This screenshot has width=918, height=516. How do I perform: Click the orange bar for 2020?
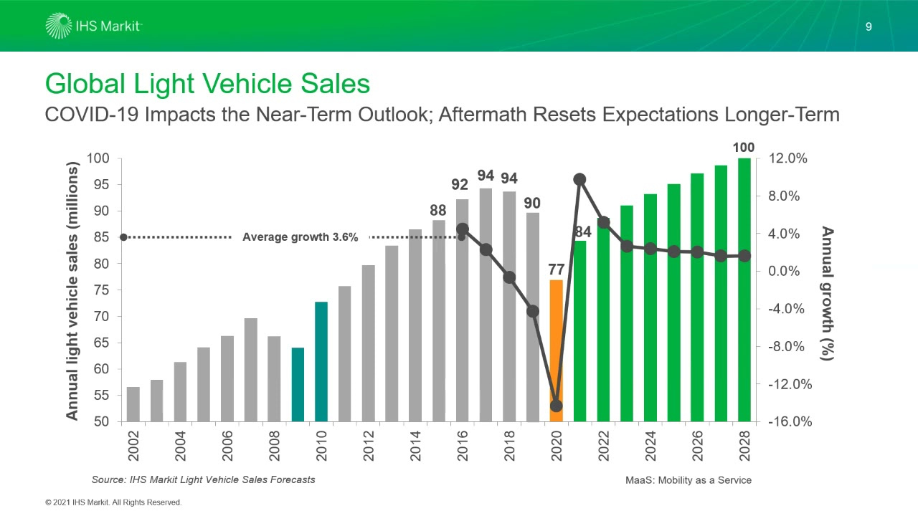coord(556,337)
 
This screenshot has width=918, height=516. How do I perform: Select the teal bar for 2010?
coord(321,362)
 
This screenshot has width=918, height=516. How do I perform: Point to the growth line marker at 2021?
coord(579,179)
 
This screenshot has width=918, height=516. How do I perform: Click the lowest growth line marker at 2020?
coord(556,406)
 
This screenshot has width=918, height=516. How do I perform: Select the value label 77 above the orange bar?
coord(557,269)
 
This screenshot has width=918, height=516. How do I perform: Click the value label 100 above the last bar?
coord(743,148)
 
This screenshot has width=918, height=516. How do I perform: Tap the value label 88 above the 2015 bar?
coord(438,210)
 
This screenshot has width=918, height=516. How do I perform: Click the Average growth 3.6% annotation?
coord(300,237)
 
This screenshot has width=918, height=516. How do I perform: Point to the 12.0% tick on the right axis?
coord(787,158)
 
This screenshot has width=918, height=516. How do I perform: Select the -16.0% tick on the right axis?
coord(789,422)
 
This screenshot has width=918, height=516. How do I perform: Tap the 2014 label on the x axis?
coord(415,446)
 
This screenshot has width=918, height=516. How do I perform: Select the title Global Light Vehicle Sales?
coord(207,84)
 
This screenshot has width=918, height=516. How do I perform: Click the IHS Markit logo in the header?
coord(94,26)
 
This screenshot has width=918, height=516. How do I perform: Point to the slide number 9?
coord(869,27)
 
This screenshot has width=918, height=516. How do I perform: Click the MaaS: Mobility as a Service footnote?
coord(688,480)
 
